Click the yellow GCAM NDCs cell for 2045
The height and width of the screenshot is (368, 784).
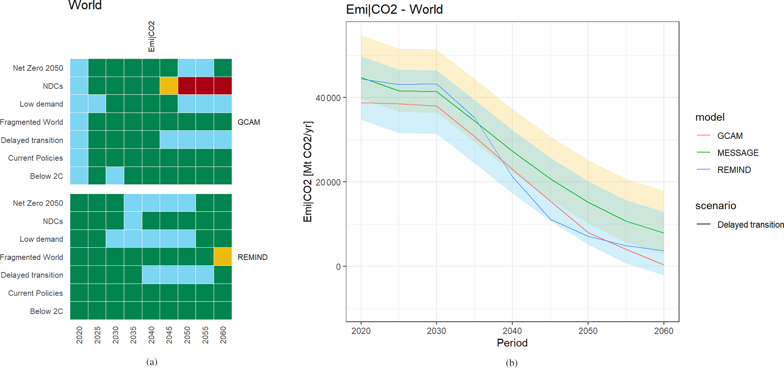pyautogui.click(x=169, y=86)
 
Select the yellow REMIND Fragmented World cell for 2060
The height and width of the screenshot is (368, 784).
pyautogui.click(x=223, y=257)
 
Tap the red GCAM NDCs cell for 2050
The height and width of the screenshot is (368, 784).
pyautogui.click(x=187, y=86)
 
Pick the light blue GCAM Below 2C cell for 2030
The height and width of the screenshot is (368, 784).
pyautogui.click(x=115, y=175)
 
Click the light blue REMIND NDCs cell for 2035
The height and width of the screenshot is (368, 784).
pyautogui.click(x=133, y=221)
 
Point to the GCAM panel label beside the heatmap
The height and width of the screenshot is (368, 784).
pyautogui.click(x=249, y=122)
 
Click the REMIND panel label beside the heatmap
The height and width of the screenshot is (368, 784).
pyautogui.click(x=253, y=257)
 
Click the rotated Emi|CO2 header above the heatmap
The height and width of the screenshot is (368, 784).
pyautogui.click(x=151, y=36)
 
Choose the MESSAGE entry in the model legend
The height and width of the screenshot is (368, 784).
pyautogui.click(x=738, y=153)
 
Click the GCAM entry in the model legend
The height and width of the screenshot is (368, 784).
pyautogui.click(x=730, y=136)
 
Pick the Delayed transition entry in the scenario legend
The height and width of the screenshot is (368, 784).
pyautogui.click(x=750, y=225)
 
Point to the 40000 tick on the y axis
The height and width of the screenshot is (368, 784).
pyautogui.click(x=328, y=98)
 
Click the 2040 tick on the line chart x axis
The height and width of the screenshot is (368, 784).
pyautogui.click(x=512, y=331)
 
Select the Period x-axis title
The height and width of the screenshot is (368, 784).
pyautogui.click(x=512, y=343)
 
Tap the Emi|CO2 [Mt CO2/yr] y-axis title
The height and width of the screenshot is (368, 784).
pyautogui.click(x=308, y=172)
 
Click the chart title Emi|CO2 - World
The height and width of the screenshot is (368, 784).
pyautogui.click(x=394, y=9)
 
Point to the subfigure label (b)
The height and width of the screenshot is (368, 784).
pyautogui.click(x=511, y=363)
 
